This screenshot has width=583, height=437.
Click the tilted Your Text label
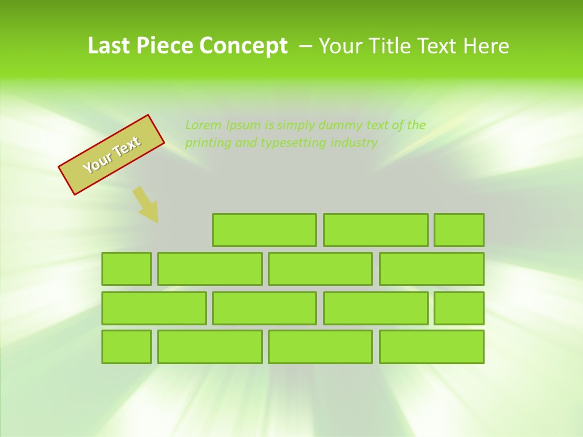(x=111, y=155)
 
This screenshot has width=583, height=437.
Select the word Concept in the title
(x=244, y=46)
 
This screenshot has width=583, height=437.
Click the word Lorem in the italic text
(x=203, y=126)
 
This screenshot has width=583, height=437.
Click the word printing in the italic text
(x=207, y=143)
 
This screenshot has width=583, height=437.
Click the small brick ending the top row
(x=459, y=230)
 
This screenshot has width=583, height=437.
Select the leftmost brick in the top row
(x=264, y=230)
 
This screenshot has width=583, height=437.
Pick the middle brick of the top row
(x=375, y=230)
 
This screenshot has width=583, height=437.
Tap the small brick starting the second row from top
(x=126, y=269)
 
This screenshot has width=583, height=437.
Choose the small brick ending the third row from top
(x=459, y=308)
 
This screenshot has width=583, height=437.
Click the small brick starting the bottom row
(x=126, y=347)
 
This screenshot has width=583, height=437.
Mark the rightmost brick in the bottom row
(x=431, y=347)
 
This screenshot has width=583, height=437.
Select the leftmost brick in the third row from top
(x=154, y=308)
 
